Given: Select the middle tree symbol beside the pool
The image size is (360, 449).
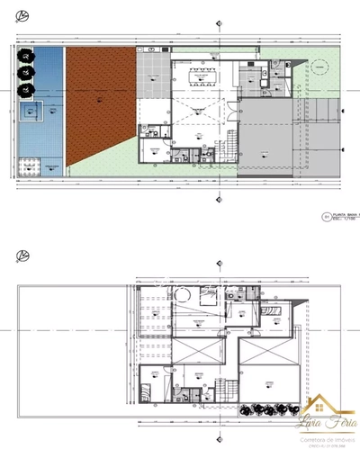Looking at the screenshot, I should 26,74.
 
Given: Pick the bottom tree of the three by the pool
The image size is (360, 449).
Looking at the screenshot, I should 26,90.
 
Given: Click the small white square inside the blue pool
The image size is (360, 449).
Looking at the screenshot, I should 35,111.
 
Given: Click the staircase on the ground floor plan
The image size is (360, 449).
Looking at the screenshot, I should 231,144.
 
